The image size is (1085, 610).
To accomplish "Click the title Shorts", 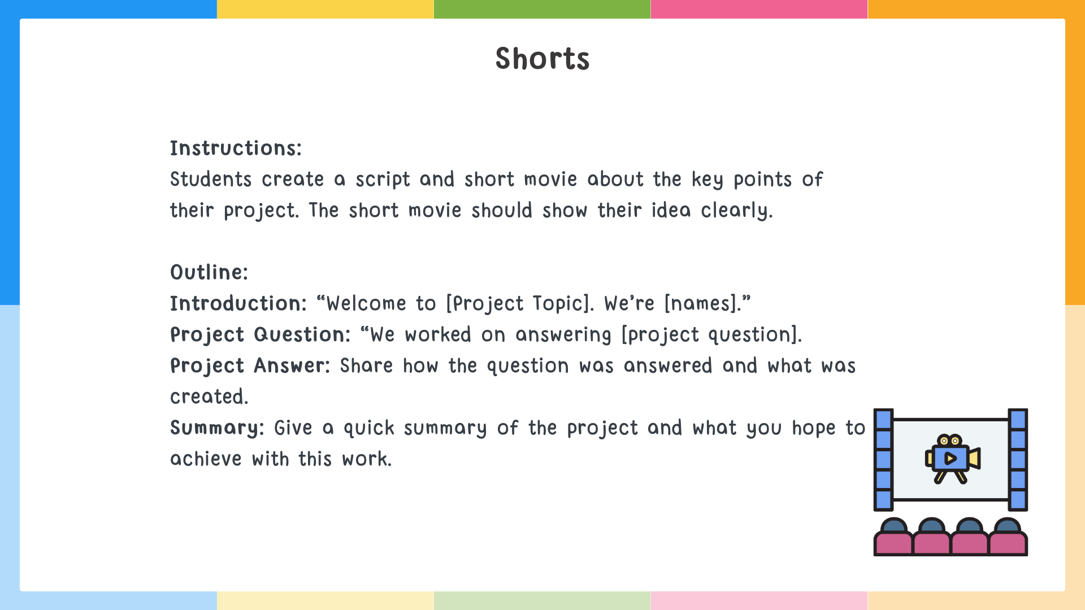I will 542,59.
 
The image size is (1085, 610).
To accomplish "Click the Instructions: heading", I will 236,149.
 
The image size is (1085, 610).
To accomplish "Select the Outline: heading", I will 209,273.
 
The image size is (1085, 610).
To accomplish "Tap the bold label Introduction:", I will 238,304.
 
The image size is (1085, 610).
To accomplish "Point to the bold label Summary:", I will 217,428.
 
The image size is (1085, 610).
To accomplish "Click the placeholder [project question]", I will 711,335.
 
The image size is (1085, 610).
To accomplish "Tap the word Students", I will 211,180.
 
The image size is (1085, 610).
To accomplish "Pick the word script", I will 383,180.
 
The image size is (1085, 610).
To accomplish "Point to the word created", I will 209,397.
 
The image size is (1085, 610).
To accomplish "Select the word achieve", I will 206,459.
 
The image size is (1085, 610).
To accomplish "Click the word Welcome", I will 366,304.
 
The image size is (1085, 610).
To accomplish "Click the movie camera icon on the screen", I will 952,458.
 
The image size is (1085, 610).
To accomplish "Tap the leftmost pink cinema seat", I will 893,543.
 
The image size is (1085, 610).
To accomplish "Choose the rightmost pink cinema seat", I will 1008,543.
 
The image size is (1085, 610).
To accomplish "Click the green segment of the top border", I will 542,9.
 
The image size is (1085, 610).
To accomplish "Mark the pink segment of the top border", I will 759,9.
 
